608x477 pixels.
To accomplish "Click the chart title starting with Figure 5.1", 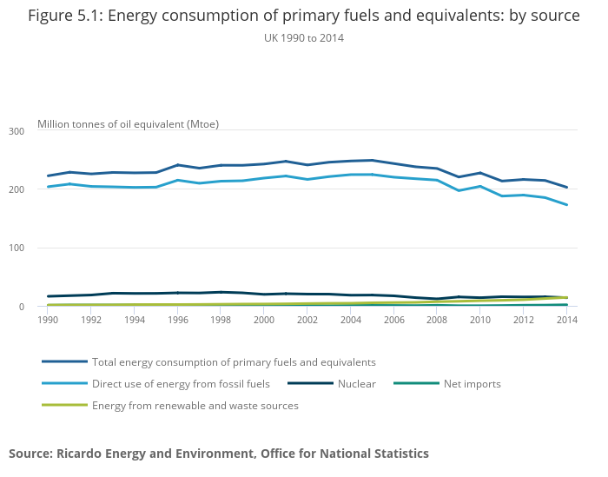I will pos(303,17).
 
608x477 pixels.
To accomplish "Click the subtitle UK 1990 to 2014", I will pos(303,37).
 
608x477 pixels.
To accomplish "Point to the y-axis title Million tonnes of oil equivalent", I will pos(128,124).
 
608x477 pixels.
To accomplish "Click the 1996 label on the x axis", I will pos(177,320).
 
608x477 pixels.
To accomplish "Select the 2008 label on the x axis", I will pos(437,320).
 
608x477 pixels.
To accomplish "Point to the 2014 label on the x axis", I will pos(567,320).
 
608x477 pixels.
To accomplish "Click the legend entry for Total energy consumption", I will pos(234,361).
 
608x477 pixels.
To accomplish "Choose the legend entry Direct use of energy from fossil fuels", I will pos(181,383).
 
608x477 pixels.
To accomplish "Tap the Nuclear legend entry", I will pos(356,383).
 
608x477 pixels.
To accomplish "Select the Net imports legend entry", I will pos(472,383).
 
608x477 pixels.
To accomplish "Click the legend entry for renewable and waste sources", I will pos(195,405).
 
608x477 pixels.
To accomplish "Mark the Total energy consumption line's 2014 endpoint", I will pos(567,187).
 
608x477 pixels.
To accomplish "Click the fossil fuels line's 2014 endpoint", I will pos(567,205).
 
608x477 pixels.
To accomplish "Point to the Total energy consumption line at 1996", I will pos(177,165).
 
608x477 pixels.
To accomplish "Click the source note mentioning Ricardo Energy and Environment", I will pos(219,454).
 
